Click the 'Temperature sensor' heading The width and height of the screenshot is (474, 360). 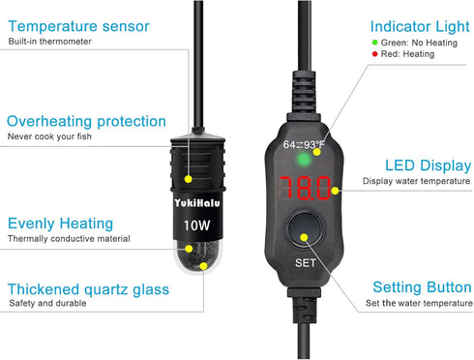coord(78,26)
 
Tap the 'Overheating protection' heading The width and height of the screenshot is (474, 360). coord(86,122)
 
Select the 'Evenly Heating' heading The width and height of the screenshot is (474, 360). coord(60,224)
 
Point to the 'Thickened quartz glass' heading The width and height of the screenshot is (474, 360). coord(88,289)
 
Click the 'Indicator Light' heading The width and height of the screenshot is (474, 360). coord(420,26)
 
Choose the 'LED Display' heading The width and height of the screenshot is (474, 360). coord(429,165)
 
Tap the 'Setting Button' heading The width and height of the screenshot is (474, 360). coord(422,287)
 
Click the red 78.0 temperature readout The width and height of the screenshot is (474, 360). coord(305,188)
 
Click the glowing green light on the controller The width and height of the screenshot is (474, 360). coord(303,160)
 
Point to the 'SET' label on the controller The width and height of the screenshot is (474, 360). coord(305,263)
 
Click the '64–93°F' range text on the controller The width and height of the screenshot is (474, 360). coord(304,145)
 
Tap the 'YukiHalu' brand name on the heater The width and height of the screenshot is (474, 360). coord(197,203)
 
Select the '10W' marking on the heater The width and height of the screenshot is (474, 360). coord(196,225)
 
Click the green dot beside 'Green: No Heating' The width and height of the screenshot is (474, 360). coord(374,43)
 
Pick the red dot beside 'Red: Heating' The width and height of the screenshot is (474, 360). coord(374,54)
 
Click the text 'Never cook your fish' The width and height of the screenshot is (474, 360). coord(49,136)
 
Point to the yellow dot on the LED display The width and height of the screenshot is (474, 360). coord(335,191)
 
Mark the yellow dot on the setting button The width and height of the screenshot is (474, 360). coord(304,238)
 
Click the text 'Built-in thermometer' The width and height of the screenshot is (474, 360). coord(49,42)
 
